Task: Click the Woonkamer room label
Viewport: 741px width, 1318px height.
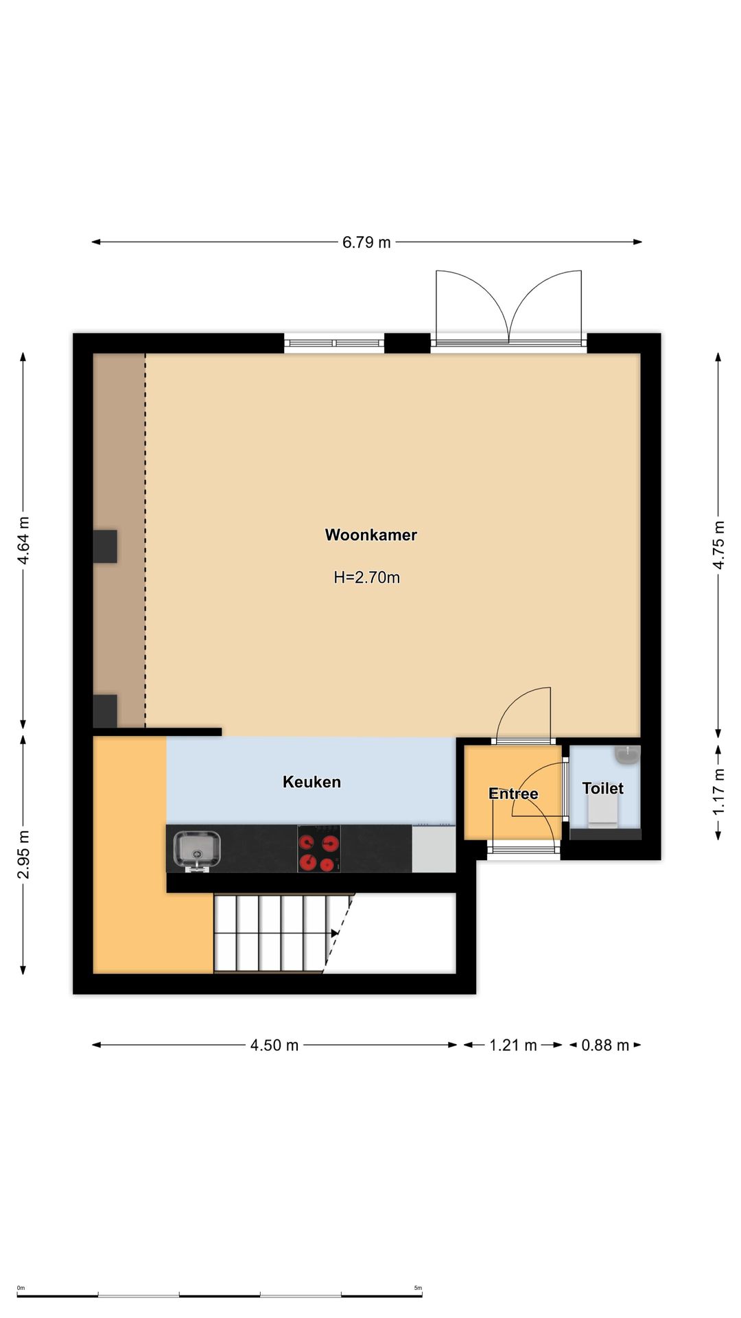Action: [370, 535]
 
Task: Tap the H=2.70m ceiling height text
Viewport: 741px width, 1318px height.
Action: [366, 577]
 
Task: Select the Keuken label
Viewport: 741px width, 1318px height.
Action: [311, 782]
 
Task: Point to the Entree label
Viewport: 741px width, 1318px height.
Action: [513, 794]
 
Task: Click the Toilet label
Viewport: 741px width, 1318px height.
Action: [602, 788]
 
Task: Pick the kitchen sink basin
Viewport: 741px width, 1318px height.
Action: [197, 849]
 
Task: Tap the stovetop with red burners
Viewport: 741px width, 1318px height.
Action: [319, 848]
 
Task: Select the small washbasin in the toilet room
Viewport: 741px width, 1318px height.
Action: [627, 754]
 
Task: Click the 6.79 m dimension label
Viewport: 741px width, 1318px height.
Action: [366, 242]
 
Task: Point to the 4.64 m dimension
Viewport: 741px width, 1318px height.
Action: [23, 540]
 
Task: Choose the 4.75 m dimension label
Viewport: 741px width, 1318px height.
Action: [718, 544]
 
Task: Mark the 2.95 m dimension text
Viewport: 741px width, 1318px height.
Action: [23, 854]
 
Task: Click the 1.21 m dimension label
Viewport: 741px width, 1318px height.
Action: [513, 1045]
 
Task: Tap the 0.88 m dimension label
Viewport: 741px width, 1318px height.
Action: [605, 1045]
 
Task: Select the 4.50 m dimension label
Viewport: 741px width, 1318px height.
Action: [274, 1045]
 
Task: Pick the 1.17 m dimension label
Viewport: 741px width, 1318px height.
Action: [718, 791]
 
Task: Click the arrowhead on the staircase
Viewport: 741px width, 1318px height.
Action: [335, 934]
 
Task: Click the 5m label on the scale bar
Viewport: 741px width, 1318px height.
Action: [418, 1288]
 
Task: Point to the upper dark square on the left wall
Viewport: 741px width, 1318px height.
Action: [105, 546]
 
